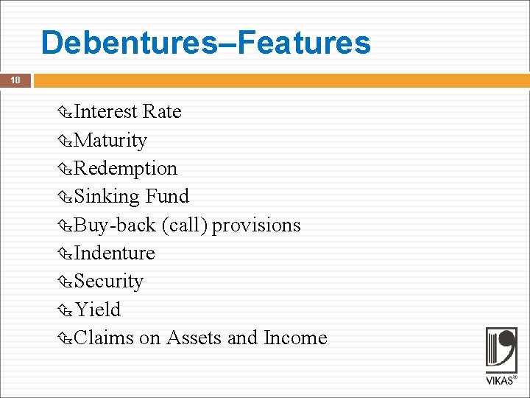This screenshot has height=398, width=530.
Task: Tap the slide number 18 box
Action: tap(15, 80)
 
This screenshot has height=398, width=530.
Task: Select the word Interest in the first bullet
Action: tap(106, 111)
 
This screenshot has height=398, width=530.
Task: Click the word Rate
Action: tap(162, 111)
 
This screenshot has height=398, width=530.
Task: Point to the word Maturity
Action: tap(110, 140)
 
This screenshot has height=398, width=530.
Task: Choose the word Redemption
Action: tap(125, 168)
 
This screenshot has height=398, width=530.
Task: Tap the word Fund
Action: tap(167, 196)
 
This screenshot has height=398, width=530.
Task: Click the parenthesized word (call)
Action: tap(185, 225)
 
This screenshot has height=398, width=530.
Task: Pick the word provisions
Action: tap(257, 225)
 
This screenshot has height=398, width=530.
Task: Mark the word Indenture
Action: tap(114, 253)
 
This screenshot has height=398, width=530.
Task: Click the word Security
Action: tap(109, 281)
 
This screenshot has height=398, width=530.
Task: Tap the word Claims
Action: tap(104, 338)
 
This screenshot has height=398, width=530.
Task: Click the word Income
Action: tap(295, 338)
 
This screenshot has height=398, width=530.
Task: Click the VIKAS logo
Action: tap(501, 356)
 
